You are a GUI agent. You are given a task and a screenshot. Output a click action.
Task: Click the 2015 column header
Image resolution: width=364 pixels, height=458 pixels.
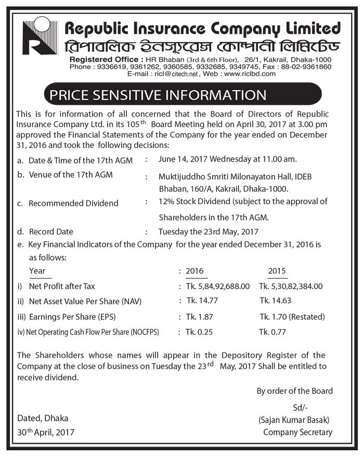tap(277, 271)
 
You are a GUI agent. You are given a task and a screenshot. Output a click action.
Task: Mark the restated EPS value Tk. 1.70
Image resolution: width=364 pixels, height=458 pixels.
tap(292, 317)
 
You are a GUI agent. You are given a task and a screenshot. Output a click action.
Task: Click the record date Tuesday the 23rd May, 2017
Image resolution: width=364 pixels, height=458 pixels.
tap(209, 232)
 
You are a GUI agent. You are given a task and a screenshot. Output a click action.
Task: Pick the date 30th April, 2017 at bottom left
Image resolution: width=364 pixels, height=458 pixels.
tap(46, 432)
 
